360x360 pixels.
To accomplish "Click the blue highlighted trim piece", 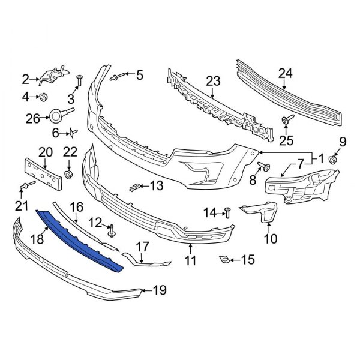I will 81,240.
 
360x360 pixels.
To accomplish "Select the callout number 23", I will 214,80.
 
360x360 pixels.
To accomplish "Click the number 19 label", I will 159,291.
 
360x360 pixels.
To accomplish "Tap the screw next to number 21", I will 26,187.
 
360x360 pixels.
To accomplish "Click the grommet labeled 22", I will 68,175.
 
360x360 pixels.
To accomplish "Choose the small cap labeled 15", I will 222,259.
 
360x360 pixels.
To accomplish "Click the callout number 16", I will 77,207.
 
